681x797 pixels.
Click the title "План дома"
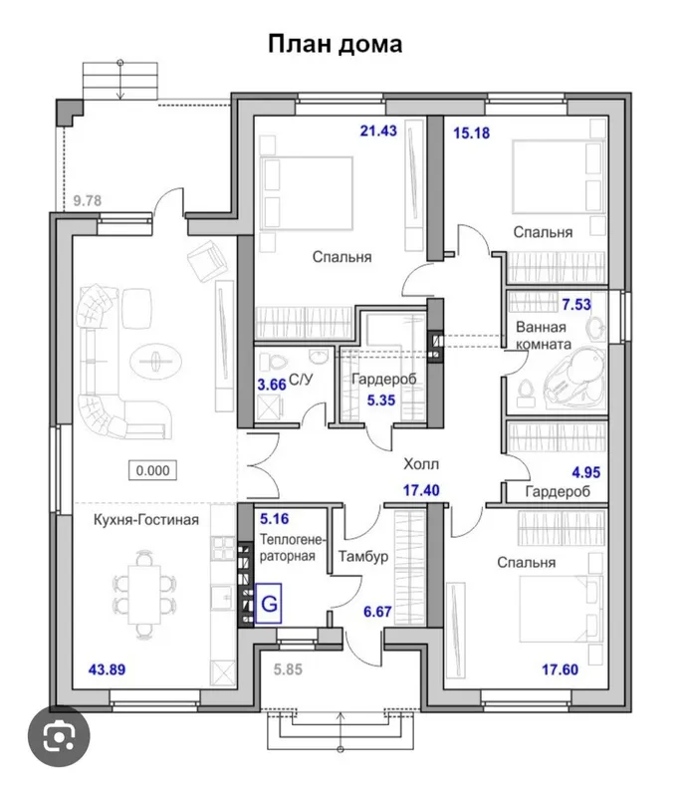[335, 44]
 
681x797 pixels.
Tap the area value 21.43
[378, 131]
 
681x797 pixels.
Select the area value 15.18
[471, 133]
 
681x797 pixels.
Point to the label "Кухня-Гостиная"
[146, 519]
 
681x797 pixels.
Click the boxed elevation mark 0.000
[153, 470]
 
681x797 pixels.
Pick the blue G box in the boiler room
[268, 604]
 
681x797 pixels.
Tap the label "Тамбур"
[363, 556]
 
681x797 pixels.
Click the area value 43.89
[107, 669]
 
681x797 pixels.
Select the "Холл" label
[421, 463]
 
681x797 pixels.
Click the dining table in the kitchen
[143, 594]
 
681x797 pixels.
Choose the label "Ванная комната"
[544, 336]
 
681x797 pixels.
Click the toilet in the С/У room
[274, 361]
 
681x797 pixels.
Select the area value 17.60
[560, 669]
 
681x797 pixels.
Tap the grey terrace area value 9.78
[88, 200]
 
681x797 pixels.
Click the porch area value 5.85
[288, 669]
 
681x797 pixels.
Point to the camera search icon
[59, 735]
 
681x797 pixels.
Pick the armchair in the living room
[207, 260]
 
